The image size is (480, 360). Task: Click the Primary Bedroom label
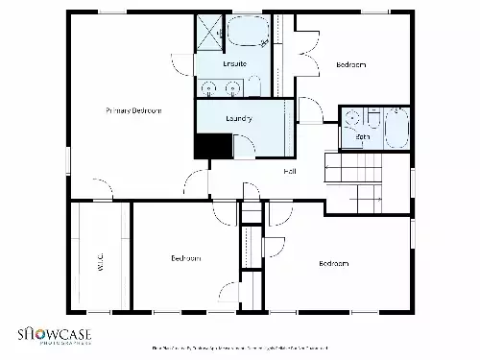click(x=133, y=111)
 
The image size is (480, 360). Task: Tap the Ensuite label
click(x=234, y=63)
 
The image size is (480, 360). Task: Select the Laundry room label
click(x=239, y=119)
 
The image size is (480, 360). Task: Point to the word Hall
click(x=289, y=171)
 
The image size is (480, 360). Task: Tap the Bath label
click(x=362, y=138)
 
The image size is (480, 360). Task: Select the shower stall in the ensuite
click(x=209, y=33)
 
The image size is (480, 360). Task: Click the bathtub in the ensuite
click(x=248, y=34)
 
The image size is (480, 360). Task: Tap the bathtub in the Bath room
click(x=396, y=127)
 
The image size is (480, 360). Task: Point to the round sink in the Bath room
click(x=351, y=120)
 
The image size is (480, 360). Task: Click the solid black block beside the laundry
click(x=213, y=145)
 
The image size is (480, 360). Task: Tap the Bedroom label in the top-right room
click(x=350, y=64)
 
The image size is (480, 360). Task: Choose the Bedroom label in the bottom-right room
click(x=332, y=263)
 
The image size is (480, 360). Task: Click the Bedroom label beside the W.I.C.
click(x=185, y=259)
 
